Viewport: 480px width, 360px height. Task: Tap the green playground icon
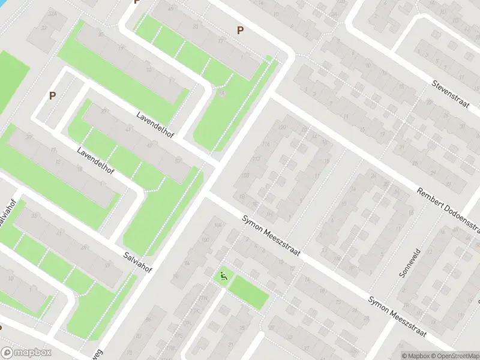tap(224, 277)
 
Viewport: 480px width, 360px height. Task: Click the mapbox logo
tap(26, 353)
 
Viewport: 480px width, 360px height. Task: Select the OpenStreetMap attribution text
tap(452, 355)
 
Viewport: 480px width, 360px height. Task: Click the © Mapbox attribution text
tap(413, 355)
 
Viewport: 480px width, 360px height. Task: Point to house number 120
tap(282, 127)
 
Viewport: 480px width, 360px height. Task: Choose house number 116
tap(266, 144)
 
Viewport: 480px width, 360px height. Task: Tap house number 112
tap(256, 159)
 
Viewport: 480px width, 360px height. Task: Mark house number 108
tap(244, 175)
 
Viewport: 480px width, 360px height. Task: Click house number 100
tap(206, 240)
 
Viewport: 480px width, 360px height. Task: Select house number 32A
tap(53, 13)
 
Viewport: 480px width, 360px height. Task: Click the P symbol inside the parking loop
tap(52, 95)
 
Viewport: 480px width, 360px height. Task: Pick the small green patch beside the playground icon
tap(247, 292)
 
